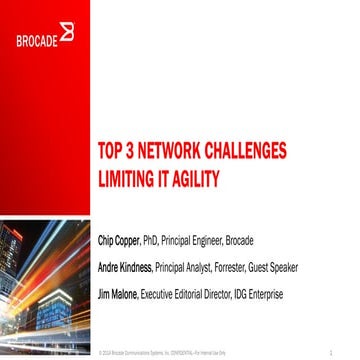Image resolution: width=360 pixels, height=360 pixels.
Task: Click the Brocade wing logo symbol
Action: [x=66, y=35]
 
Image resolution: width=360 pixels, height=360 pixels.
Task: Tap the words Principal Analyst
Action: [x=196, y=267]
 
